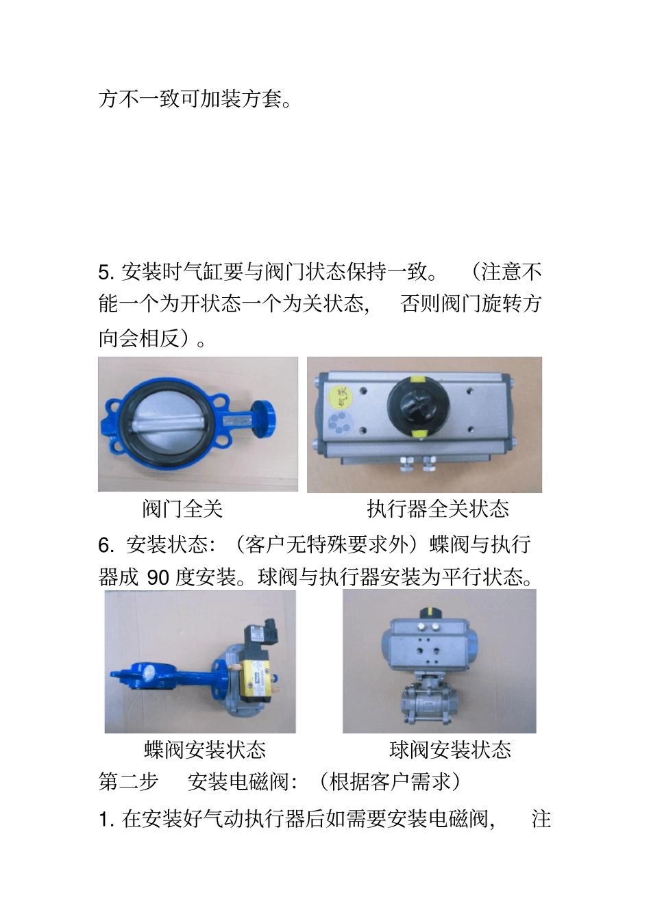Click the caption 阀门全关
[182, 509]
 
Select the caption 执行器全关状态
[438, 509]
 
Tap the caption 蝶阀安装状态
[205, 750]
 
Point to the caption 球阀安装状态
[450, 750]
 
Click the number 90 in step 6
[158, 577]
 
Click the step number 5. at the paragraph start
[107, 273]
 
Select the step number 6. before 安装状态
[106, 545]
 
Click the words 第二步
[128, 781]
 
